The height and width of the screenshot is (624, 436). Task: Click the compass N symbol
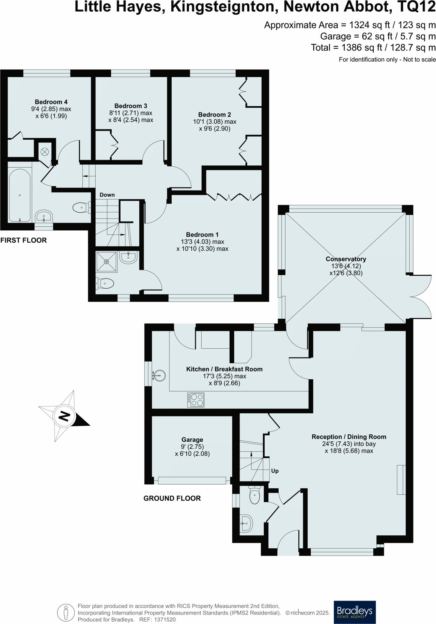coord(64,416)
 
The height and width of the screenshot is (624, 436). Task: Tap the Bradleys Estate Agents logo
coord(355,612)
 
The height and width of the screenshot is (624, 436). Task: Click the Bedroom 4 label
coord(51,102)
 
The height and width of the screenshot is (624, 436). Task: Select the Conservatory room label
coord(346,259)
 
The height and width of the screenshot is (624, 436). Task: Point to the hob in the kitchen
coord(196,400)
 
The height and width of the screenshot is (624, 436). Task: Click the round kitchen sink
coord(159,376)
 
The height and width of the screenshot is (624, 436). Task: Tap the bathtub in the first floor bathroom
coord(19,196)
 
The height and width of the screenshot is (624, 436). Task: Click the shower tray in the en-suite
coord(107,262)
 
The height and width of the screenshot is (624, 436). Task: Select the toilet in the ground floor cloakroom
coord(254,496)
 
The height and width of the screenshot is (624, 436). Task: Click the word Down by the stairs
coord(107,195)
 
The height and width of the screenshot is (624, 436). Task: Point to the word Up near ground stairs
coord(275,471)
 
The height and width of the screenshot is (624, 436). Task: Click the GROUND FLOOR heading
coord(172,498)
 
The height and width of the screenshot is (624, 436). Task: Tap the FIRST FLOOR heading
coord(24,240)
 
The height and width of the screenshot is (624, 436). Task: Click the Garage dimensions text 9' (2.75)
coord(192,447)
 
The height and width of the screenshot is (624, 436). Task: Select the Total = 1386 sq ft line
coord(373,48)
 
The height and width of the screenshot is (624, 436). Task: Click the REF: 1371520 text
coord(157,620)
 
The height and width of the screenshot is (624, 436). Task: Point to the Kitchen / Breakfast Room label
coord(224,369)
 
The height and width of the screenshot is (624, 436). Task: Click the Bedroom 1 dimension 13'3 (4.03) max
coord(202,242)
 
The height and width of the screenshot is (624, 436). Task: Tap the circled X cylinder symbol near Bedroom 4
coord(45,152)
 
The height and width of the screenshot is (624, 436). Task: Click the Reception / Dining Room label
coord(349,437)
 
